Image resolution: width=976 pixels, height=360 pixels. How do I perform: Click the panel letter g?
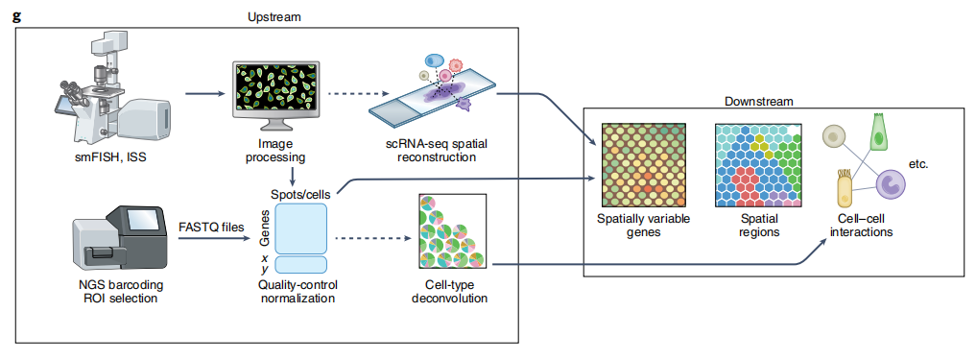(x=17, y=15)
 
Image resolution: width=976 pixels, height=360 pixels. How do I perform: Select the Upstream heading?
(x=274, y=17)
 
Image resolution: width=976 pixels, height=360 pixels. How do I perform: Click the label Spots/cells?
(x=301, y=193)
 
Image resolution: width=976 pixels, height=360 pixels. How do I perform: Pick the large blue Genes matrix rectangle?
(x=300, y=228)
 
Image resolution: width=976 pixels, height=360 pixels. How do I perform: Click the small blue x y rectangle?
(x=300, y=265)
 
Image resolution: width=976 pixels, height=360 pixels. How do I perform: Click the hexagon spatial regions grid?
(x=758, y=165)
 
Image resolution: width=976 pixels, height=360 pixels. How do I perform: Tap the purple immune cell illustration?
(x=889, y=184)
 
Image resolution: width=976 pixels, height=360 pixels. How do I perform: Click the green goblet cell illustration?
(x=879, y=132)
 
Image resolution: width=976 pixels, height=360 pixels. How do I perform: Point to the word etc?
(x=918, y=165)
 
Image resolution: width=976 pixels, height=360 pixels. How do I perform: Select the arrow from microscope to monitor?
(x=205, y=95)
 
